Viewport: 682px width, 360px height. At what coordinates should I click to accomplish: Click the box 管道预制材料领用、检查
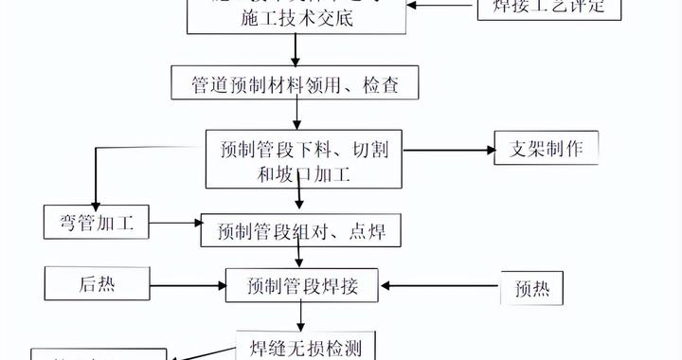[297, 83]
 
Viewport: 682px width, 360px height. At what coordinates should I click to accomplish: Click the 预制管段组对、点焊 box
[301, 229]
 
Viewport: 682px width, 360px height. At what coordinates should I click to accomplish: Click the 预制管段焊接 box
[301, 283]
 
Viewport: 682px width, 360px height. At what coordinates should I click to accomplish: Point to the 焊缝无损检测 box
[298, 345]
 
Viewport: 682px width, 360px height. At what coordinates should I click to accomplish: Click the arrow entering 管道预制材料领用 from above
[298, 51]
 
